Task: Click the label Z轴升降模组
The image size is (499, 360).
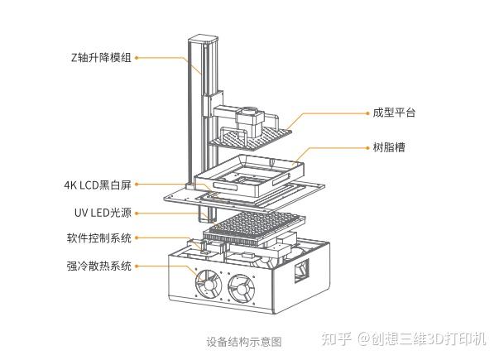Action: tap(101, 57)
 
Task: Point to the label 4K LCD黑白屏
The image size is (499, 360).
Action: tap(98, 184)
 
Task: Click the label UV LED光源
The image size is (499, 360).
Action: tap(103, 212)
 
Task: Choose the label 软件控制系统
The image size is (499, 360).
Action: tap(98, 238)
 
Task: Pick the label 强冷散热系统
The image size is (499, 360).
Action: tap(98, 266)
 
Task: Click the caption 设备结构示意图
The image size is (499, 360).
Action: tap(244, 341)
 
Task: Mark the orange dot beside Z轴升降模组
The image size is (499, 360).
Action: tap(136, 57)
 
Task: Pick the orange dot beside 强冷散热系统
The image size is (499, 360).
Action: tap(136, 266)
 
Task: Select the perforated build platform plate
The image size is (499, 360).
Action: tap(252, 135)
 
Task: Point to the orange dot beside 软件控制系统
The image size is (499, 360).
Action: tap(136, 238)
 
